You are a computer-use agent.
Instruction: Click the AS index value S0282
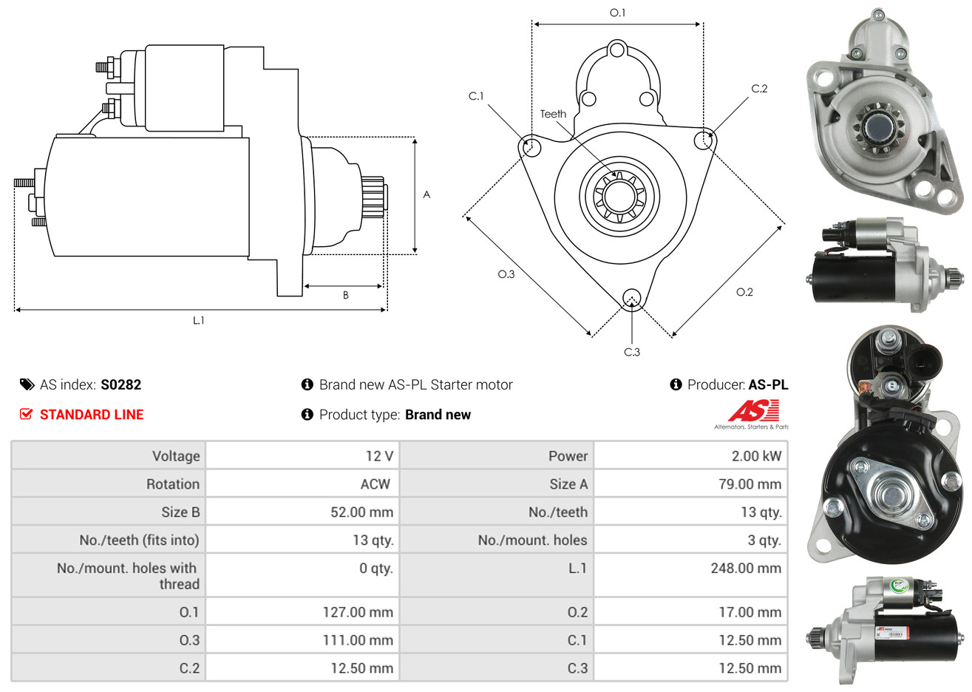120,384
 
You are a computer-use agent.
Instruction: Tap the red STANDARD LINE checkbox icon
27,414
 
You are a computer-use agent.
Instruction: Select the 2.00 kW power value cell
755,456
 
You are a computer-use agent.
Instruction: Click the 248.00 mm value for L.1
745,569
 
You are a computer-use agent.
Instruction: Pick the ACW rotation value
375,484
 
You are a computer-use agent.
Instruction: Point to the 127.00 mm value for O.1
358,612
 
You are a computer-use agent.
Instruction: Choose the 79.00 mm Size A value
750,484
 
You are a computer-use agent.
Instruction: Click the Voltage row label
176,456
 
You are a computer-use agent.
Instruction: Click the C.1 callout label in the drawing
476,96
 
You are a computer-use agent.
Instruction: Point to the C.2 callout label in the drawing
759,89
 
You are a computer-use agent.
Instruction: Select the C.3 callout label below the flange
632,352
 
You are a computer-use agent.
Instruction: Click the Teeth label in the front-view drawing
553,114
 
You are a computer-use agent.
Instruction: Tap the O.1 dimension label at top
617,13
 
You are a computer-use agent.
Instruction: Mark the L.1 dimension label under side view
199,320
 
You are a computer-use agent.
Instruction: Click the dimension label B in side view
345,295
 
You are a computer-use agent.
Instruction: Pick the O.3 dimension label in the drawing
506,274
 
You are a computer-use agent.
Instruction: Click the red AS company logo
753,411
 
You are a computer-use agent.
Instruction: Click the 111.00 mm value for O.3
358,640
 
